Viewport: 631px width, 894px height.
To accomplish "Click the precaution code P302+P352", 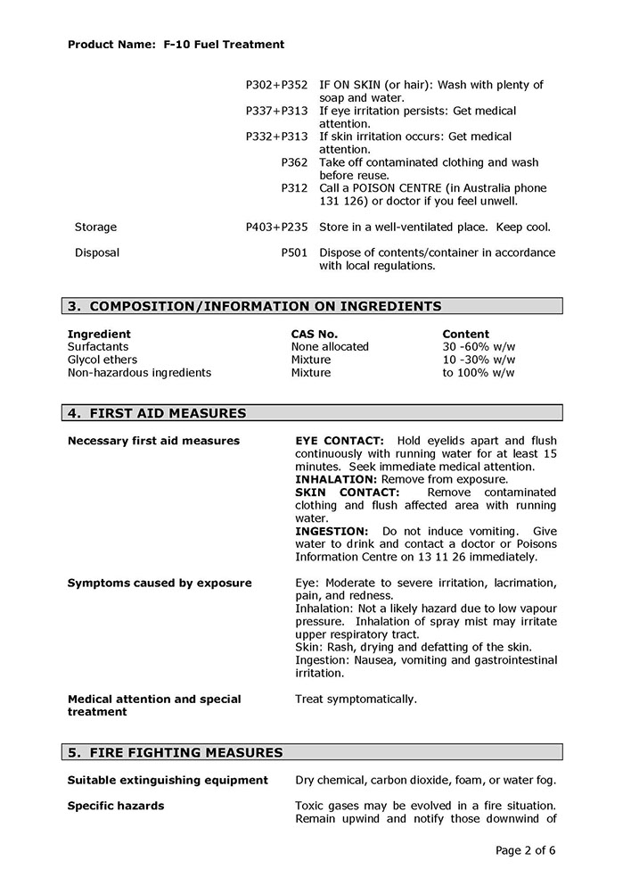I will click(276, 85).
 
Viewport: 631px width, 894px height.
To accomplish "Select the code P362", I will click(294, 162).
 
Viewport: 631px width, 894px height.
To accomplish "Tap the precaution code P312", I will click(294, 188).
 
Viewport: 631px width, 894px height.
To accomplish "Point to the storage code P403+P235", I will click(276, 227).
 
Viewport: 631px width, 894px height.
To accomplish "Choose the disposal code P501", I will click(294, 252).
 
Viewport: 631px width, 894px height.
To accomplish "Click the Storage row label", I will click(95, 227).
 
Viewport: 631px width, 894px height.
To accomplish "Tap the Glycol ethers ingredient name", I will click(102, 360).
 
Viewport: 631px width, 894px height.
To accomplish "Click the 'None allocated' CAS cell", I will click(329, 346).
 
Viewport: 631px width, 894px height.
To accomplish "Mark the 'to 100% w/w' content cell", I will click(478, 372).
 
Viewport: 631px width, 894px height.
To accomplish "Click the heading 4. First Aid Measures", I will click(157, 413).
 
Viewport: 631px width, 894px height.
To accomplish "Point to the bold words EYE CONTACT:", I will click(340, 441).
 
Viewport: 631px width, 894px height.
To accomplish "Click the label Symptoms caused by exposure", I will click(160, 583).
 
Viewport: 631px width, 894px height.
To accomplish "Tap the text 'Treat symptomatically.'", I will click(356, 699).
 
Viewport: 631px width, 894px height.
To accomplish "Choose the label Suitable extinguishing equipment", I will click(168, 780).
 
